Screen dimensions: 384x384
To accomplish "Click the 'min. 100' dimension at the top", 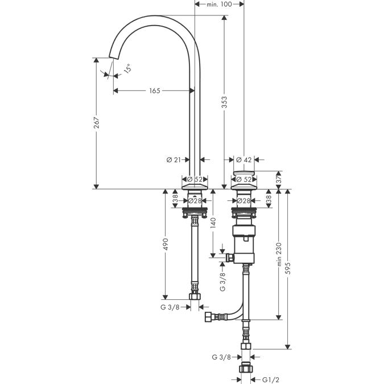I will [x=219, y=4].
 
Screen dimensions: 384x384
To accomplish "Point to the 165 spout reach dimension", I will [x=154, y=90].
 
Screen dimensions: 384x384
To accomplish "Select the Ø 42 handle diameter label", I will [x=243, y=160].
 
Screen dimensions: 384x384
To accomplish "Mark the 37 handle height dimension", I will [x=278, y=179].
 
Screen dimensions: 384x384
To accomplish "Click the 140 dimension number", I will [x=214, y=222].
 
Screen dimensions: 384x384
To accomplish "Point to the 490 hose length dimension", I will [x=166, y=244].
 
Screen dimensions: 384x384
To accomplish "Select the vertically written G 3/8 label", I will [x=222, y=281].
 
